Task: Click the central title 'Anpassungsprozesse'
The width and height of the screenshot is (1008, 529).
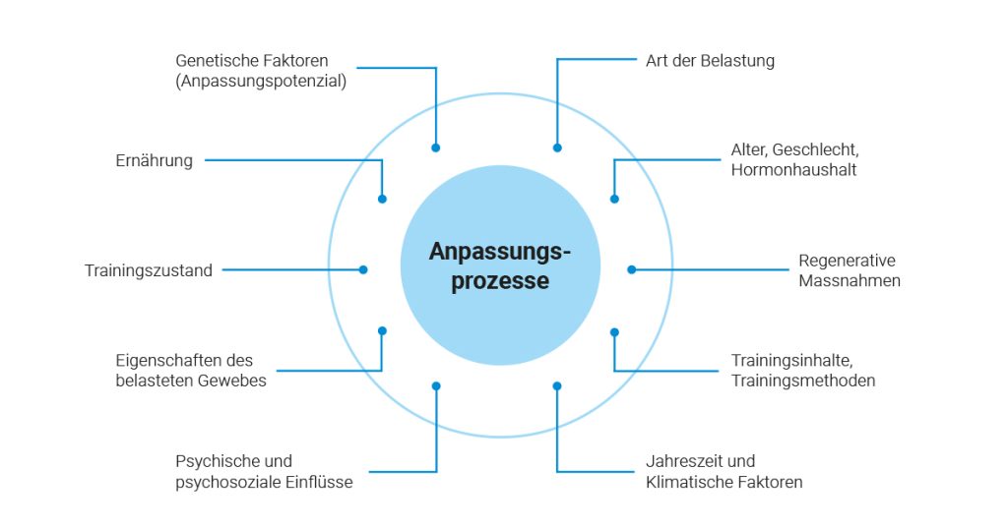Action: [500, 266]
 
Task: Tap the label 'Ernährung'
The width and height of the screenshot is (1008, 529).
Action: [154, 160]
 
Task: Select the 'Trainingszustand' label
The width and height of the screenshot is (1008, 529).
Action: [149, 270]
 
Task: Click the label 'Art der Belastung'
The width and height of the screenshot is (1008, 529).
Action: [710, 61]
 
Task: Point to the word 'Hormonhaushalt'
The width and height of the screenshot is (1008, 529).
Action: [793, 170]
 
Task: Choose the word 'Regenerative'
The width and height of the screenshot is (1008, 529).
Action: [847, 261]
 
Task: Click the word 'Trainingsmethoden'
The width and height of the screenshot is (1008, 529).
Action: [802, 381]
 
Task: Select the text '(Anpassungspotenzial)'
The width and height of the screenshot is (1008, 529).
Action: [261, 82]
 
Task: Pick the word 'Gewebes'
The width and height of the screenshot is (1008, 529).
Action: [234, 381]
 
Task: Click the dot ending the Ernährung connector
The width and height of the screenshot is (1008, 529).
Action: [382, 199]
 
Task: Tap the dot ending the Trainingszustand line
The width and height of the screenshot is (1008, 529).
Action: [363, 269]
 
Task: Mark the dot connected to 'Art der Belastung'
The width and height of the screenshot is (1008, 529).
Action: [557, 147]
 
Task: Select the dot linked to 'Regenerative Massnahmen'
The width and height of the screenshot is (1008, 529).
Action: [632, 269]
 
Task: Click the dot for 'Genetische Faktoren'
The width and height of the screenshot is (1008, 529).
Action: [436, 147]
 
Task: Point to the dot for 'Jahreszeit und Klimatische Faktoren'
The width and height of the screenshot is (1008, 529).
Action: [557, 385]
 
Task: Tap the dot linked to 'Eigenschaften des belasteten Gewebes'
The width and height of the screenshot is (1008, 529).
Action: [382, 330]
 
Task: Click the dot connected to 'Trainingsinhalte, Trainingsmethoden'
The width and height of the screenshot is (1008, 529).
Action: [614, 331]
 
